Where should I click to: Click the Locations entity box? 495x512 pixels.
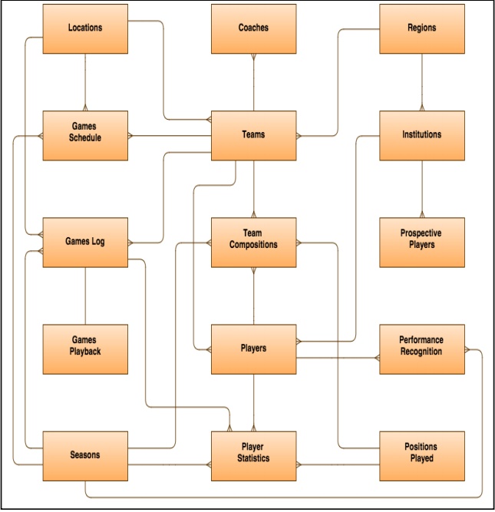click(x=85, y=28)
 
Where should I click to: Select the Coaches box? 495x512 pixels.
click(x=253, y=28)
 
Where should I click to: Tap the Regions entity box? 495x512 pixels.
click(x=421, y=28)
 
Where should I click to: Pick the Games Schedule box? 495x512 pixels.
click(x=85, y=135)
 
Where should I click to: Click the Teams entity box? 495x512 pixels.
click(x=253, y=135)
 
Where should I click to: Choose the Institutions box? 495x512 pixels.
click(x=421, y=135)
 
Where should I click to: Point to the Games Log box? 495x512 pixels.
click(x=85, y=242)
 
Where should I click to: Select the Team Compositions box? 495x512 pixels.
click(x=253, y=242)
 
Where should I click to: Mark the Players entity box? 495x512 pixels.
click(x=253, y=348)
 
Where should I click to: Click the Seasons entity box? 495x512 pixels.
click(x=85, y=455)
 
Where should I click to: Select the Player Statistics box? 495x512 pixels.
click(x=253, y=455)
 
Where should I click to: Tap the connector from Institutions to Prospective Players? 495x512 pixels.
click(x=421, y=189)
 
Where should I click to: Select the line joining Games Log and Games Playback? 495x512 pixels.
click(x=85, y=296)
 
